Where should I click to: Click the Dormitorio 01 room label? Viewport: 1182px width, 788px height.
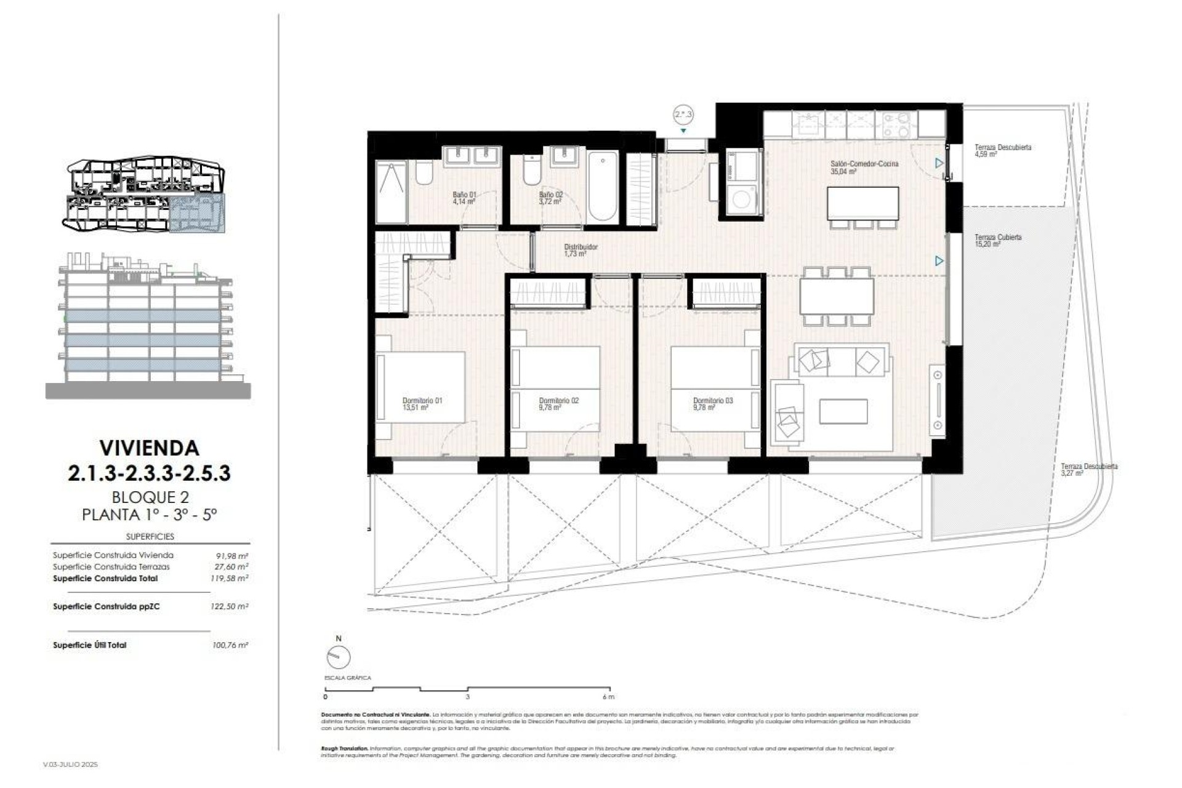coord(422,404)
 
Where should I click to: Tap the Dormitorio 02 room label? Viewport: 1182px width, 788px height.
coord(558,404)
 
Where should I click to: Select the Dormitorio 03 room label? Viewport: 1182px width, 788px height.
coord(712,404)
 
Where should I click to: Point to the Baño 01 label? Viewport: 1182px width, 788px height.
coord(464,198)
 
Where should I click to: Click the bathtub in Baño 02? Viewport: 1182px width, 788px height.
coord(602,186)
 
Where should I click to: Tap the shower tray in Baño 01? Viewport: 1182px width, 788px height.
coord(391,192)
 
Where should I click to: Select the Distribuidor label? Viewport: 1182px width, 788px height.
coord(581,250)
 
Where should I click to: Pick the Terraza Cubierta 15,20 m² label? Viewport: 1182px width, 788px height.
coord(997,240)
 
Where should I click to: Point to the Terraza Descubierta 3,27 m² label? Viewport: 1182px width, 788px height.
coord(1088,470)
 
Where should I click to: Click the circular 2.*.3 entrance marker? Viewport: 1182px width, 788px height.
coord(683,115)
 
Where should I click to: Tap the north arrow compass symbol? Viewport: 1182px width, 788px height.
coord(338,657)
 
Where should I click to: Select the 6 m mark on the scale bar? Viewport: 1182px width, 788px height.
coord(608,696)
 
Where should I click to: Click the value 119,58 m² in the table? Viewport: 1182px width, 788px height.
coord(229,579)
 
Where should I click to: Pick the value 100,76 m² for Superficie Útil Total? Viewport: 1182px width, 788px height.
coord(230,645)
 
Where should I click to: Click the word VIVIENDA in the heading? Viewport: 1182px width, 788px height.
coord(149,448)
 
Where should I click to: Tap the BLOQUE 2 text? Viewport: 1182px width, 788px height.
coord(150,497)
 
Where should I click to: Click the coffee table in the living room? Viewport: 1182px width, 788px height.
coord(843,411)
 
